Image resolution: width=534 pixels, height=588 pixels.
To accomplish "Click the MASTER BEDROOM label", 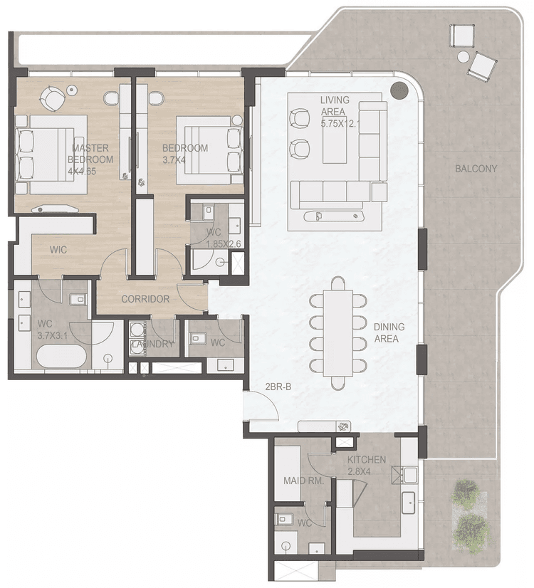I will click(90, 154).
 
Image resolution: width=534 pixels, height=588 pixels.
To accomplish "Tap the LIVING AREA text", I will click(333, 106).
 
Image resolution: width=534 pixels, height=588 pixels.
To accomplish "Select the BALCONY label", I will click(476, 169).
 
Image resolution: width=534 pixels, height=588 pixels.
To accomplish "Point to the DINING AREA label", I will click(389, 332).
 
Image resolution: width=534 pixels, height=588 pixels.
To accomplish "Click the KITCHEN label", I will click(367, 460).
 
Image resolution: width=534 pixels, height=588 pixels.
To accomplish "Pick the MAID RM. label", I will click(304, 481).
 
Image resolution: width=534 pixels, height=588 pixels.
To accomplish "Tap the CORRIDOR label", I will click(145, 299).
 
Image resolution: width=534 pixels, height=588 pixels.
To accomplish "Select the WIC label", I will click(58, 251).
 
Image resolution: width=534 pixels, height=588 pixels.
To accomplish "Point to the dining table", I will click(337, 333).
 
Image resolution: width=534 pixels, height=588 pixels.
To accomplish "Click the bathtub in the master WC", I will click(61, 355).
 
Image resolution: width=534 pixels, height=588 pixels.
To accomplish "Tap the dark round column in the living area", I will click(399, 90).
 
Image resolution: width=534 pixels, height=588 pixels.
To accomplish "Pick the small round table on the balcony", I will click(464, 56).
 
